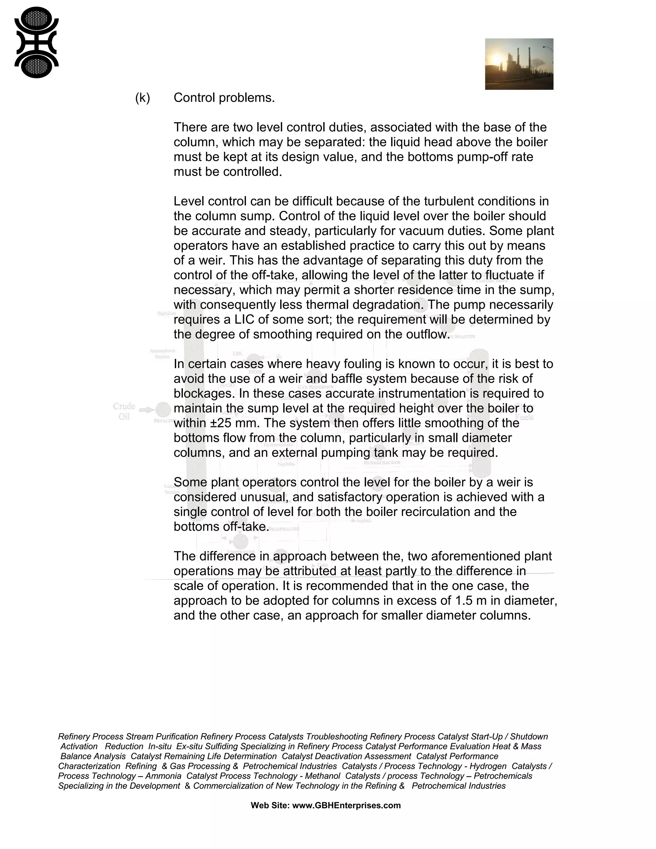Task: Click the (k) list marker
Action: (x=142, y=98)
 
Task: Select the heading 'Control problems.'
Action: (x=224, y=98)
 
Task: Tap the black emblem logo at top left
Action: (x=36, y=42)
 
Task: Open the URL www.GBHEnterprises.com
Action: (x=346, y=805)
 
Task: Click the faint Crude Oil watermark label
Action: (x=124, y=411)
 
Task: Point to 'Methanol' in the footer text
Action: (x=323, y=776)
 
